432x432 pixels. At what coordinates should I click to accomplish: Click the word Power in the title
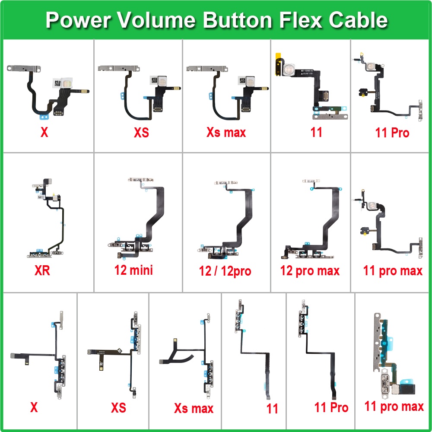[78, 20]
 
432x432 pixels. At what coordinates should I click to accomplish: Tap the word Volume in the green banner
[157, 20]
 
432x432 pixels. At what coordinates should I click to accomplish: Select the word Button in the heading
[238, 20]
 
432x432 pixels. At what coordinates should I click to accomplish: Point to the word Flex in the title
[300, 20]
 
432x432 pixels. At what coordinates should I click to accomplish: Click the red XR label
[42, 270]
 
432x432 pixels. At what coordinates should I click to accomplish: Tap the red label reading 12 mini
[133, 270]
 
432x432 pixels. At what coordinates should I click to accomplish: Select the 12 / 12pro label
[225, 271]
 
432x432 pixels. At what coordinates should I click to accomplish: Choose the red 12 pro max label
[310, 271]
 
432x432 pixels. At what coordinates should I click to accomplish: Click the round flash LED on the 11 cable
[289, 69]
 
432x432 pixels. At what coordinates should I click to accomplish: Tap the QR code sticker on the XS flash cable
[154, 81]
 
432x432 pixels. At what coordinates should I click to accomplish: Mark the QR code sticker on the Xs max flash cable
[242, 81]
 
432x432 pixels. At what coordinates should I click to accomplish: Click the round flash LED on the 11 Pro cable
[370, 67]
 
